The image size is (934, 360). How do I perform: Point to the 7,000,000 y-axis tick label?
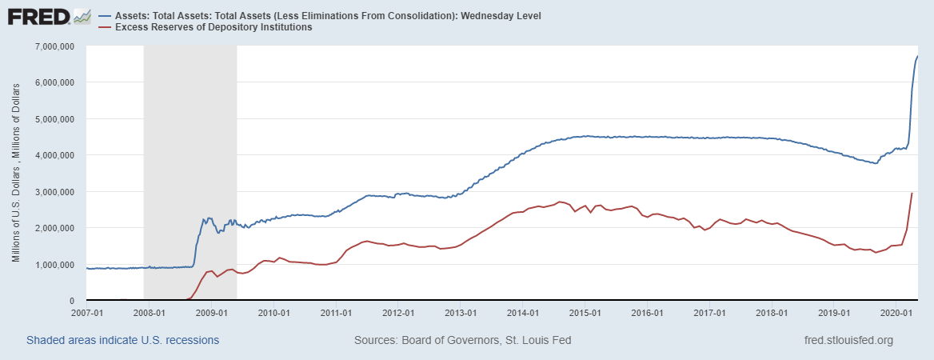[51, 46]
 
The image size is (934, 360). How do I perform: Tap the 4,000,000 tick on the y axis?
[51, 155]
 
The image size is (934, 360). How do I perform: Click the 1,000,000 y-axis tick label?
[51, 265]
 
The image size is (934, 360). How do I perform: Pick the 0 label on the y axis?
[72, 301]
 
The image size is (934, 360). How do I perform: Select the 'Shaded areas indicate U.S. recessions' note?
[122, 341]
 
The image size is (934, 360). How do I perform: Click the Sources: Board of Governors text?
[462, 341]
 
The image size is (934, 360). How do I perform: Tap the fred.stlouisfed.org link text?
[848, 341]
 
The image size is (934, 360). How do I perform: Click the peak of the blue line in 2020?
[917, 56]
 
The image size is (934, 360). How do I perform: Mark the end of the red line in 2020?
[912, 193]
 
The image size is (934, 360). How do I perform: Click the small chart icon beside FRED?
[82, 16]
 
